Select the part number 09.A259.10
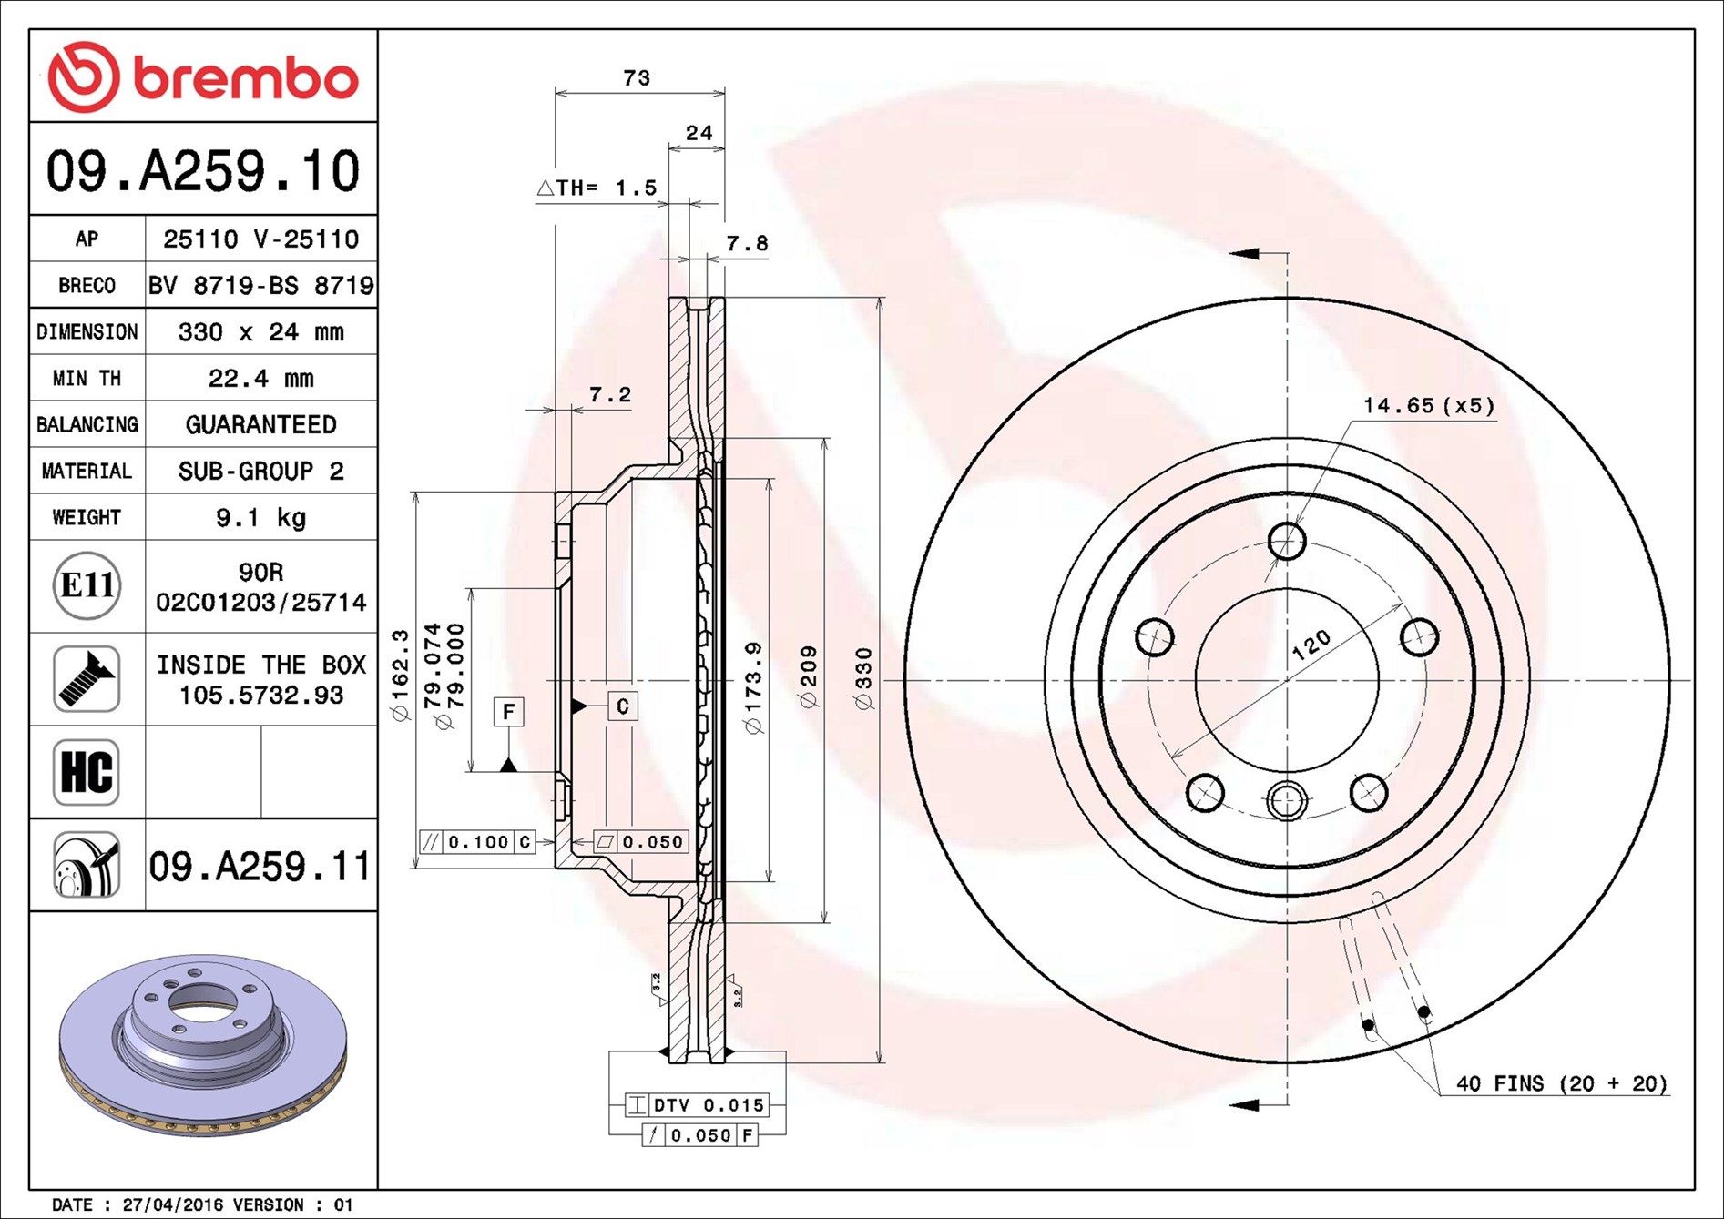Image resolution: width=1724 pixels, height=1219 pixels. coord(203,171)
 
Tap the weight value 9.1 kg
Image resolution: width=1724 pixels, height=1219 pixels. coord(260,518)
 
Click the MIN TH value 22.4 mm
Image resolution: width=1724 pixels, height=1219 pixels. coord(260,378)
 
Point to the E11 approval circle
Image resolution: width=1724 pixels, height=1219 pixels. coord(87,585)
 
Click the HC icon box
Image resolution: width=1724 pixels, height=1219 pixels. coord(87,772)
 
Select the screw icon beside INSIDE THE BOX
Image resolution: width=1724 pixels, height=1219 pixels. coord(87,679)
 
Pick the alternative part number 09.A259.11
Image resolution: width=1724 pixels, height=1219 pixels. coord(260,866)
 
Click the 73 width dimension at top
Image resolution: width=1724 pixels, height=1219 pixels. coord(637,78)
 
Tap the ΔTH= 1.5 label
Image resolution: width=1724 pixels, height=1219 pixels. coord(597,188)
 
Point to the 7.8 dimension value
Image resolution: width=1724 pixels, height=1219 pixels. coord(747,243)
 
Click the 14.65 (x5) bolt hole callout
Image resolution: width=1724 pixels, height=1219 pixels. coord(1428,405)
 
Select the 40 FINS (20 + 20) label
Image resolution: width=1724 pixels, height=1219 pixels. coord(1561,1083)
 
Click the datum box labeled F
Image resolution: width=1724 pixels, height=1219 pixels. coord(509,711)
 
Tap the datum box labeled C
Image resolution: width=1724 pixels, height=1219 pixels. coord(623,706)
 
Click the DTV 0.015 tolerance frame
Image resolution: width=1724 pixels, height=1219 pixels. coord(698,1105)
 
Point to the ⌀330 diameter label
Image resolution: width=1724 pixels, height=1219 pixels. coord(863,678)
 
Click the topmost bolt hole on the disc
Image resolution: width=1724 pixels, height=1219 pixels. coord(1286,541)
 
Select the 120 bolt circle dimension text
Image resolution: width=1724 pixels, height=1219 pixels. coord(1311,645)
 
